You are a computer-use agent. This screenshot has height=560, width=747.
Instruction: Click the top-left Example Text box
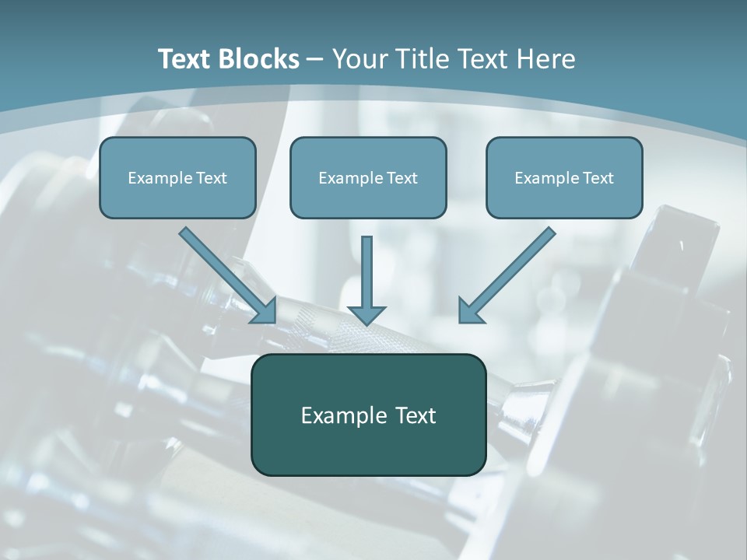[177, 177]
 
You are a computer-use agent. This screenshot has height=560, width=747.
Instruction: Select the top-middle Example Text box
[368, 177]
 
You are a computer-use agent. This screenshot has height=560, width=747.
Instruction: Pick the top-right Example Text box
[564, 177]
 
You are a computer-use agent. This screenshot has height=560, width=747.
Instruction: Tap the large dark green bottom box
[368, 415]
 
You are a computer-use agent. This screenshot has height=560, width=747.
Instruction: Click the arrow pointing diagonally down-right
[226, 274]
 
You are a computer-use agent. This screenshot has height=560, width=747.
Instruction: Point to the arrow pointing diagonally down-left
[510, 274]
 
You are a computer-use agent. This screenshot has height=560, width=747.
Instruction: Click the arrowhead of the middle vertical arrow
[366, 314]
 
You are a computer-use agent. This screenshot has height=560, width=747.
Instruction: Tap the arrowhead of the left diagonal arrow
[265, 311]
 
